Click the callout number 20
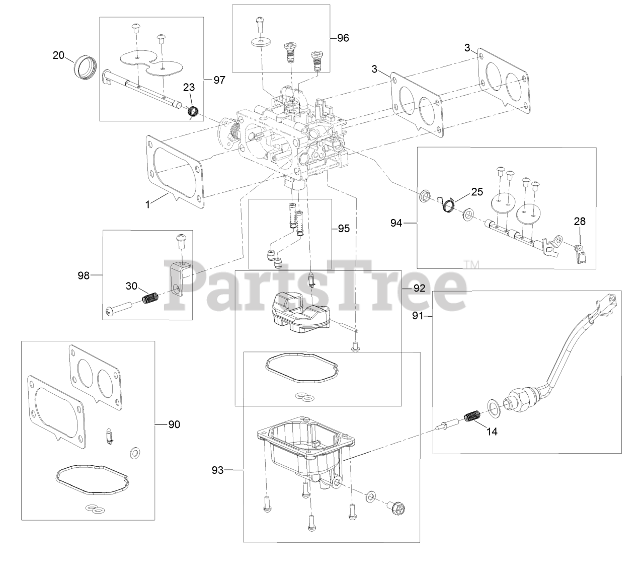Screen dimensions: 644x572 (x=59, y=55)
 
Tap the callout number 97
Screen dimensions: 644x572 (x=219, y=80)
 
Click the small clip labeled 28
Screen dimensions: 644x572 (x=580, y=253)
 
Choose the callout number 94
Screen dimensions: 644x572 (x=396, y=222)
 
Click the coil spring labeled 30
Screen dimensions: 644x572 (x=150, y=298)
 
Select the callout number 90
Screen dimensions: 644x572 (x=174, y=424)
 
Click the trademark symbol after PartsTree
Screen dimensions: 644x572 (x=471, y=264)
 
